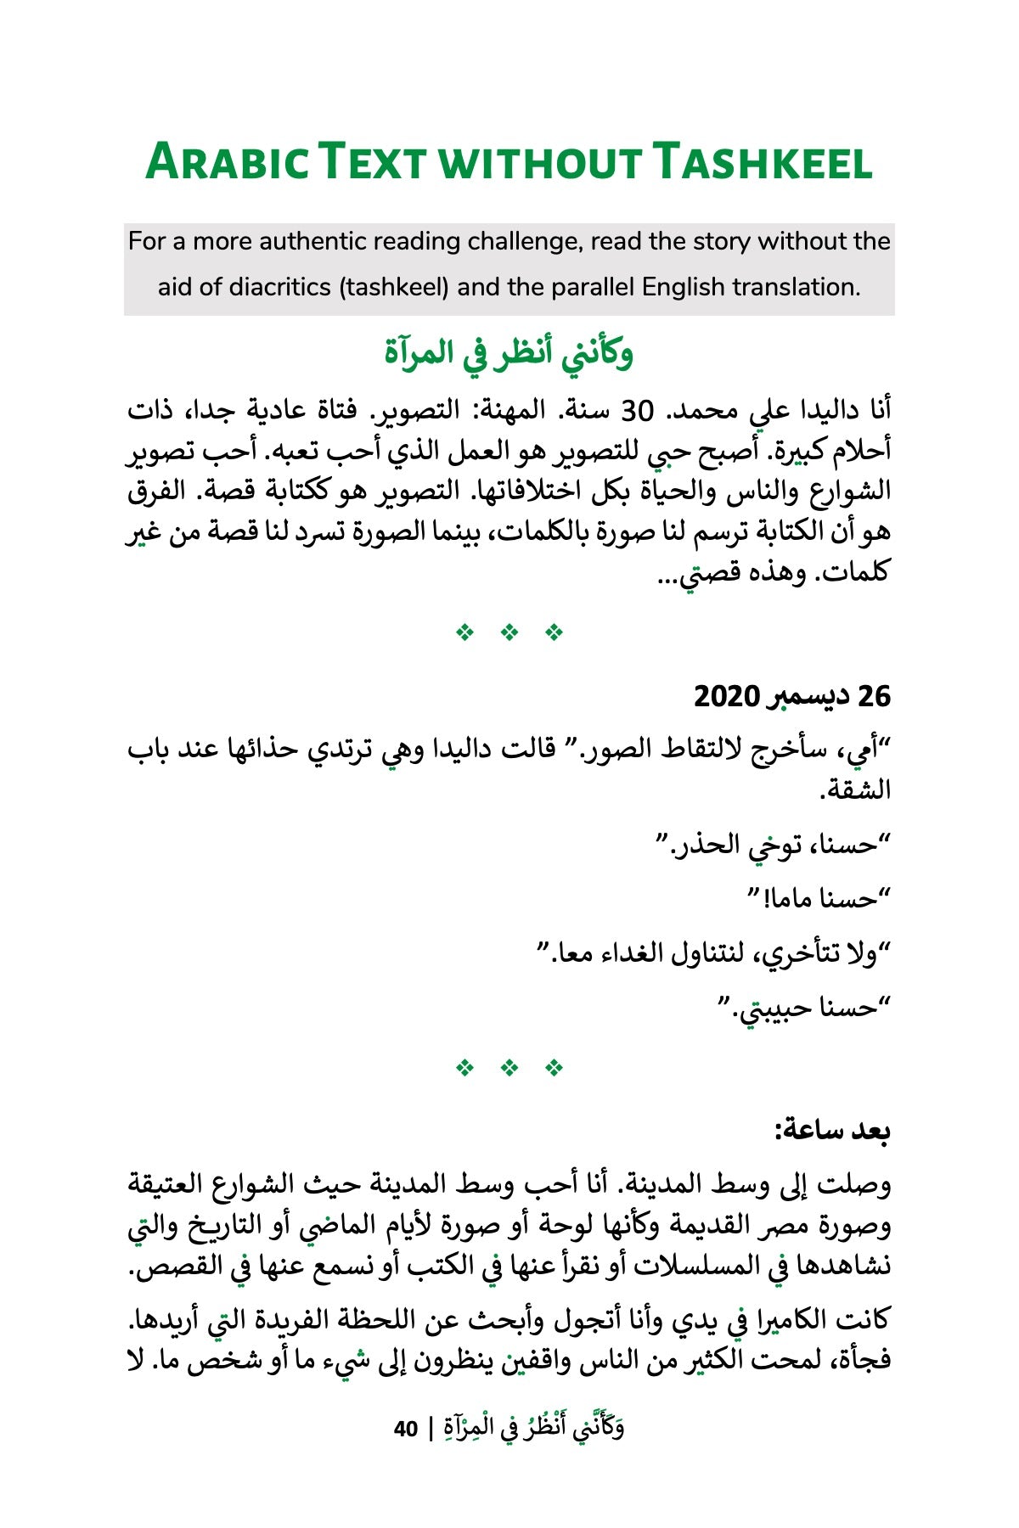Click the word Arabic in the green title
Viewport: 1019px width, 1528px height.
227,161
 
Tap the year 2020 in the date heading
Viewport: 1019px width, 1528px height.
727,696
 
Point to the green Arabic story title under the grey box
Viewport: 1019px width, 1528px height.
509,352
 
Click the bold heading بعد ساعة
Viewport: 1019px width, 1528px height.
832,1131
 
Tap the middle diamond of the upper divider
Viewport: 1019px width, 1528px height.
509,632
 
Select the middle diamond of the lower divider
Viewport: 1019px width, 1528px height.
509,1067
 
